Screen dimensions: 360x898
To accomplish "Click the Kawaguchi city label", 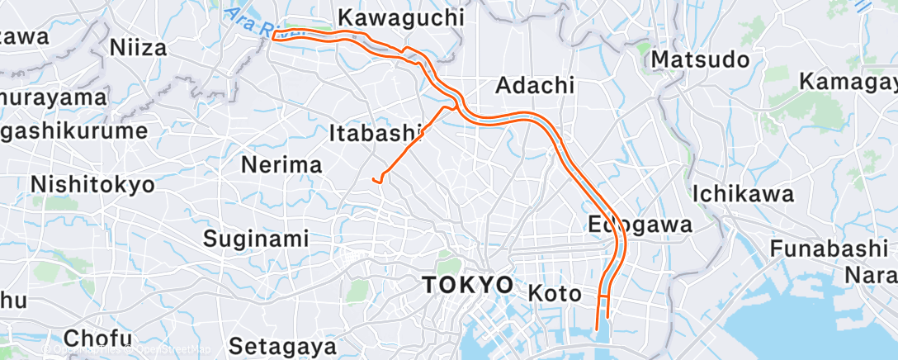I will [401, 17].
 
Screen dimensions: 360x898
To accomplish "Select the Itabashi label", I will [376, 132].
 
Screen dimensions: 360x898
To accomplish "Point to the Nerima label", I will [281, 164].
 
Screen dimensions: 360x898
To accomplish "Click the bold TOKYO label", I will [467, 285].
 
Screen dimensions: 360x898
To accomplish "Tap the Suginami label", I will [256, 239].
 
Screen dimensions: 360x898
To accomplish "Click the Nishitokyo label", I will [92, 184].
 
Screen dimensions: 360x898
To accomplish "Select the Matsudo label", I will [700, 59].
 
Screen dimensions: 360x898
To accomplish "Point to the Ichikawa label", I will [743, 194].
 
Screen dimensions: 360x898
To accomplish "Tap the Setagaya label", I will [282, 344].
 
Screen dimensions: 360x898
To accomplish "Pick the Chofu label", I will [97, 338].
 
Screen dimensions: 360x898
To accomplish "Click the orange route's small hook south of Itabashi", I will [377, 179].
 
